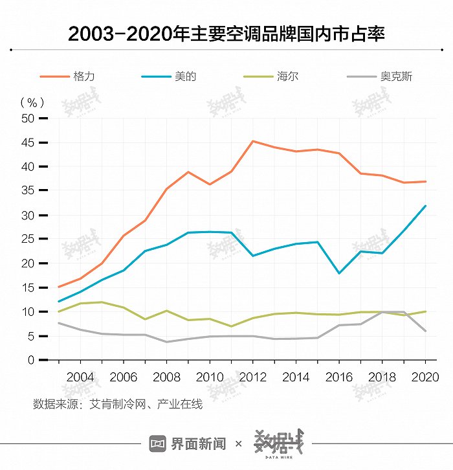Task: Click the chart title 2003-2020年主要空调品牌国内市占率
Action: tap(226, 33)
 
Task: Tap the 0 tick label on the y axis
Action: tap(30, 360)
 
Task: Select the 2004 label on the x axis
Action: tap(80, 377)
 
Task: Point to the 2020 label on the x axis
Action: tap(425, 377)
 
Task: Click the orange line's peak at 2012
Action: tap(253, 141)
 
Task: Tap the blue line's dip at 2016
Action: tap(339, 273)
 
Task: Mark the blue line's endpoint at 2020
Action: tap(425, 206)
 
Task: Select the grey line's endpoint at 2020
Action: tap(425, 331)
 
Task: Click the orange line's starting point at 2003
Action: tap(59, 287)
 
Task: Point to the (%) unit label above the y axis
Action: tap(32, 102)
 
